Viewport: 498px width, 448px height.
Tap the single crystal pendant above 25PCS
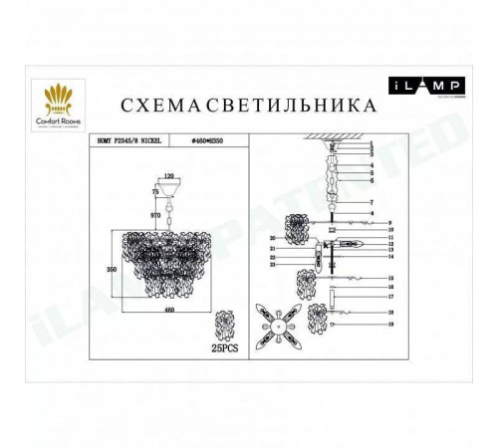pyautogui.click(x=227, y=328)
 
